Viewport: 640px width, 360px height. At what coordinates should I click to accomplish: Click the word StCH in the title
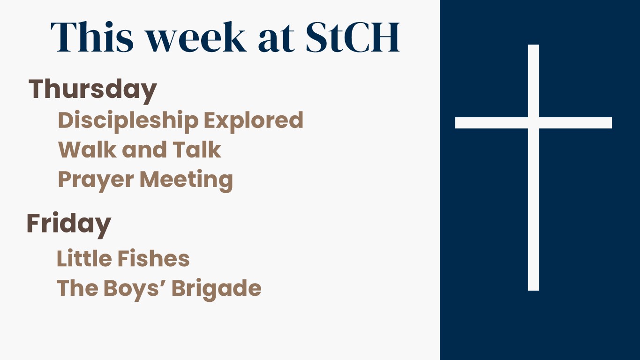(353, 37)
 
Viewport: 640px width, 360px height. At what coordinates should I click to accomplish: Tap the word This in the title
(92, 37)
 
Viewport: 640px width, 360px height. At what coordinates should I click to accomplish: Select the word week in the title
(196, 37)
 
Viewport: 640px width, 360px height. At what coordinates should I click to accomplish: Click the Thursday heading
(93, 91)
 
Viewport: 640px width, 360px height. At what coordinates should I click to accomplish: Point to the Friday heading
(69, 225)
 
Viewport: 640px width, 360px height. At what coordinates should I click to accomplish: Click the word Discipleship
(128, 121)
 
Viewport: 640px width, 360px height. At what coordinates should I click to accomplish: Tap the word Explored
(254, 121)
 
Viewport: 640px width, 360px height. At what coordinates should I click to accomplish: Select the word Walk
(87, 150)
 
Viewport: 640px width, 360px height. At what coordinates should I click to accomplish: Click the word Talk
(197, 150)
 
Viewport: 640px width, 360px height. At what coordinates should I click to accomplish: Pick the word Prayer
(96, 180)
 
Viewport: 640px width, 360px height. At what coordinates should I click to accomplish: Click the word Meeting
(186, 180)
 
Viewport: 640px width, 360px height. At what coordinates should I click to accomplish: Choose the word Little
(84, 258)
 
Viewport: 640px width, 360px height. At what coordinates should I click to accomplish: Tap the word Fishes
(153, 258)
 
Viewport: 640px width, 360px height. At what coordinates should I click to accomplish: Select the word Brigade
(216, 289)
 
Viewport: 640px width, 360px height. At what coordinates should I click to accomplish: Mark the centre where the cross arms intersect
(534, 123)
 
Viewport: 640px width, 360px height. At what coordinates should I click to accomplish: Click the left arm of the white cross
(491, 123)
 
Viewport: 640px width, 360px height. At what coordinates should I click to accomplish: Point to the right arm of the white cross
(575, 123)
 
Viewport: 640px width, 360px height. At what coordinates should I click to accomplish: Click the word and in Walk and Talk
(144, 150)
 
